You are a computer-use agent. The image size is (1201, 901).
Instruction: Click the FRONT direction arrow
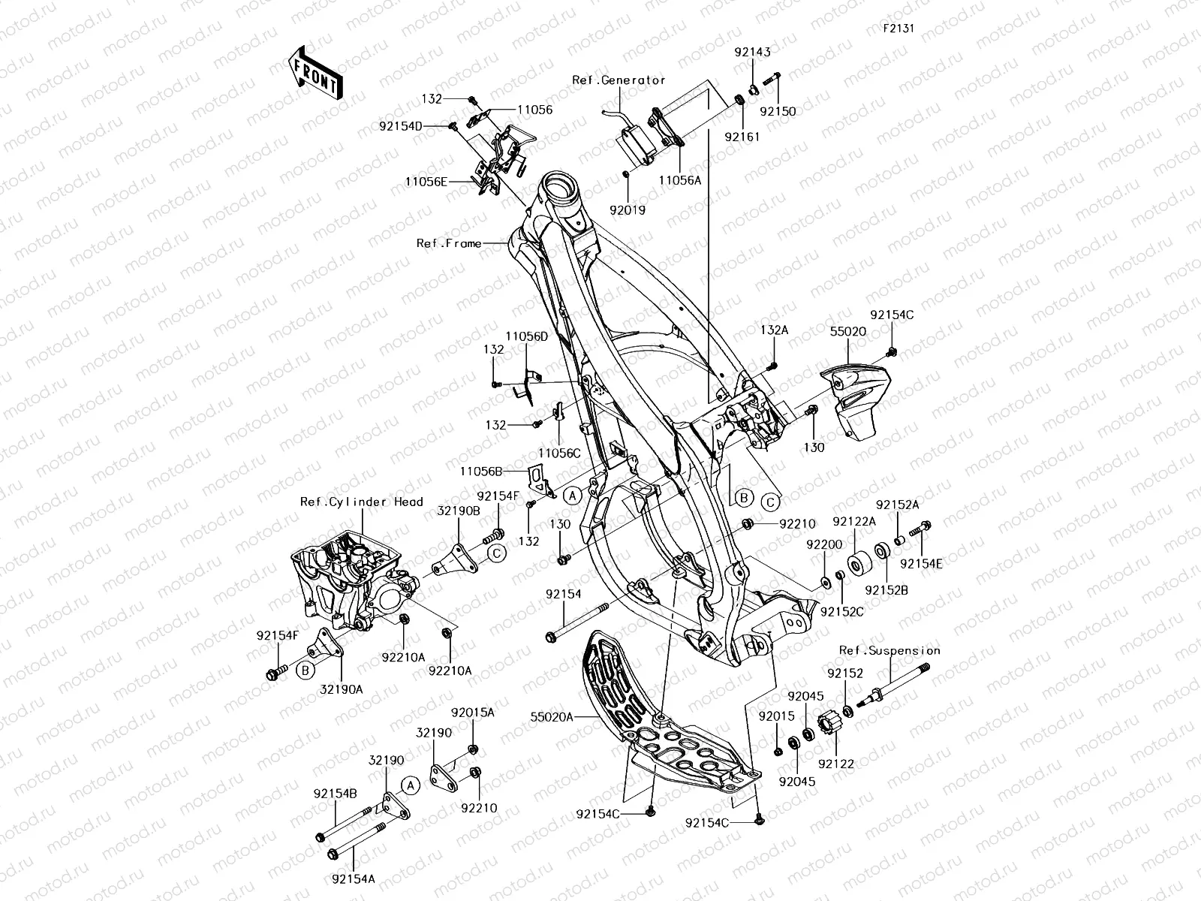point(315,73)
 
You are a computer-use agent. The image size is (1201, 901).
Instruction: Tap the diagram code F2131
point(898,28)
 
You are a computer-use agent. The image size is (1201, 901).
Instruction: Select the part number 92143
point(752,53)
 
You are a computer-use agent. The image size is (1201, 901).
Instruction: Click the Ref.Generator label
point(619,80)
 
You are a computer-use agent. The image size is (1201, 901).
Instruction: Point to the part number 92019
point(628,211)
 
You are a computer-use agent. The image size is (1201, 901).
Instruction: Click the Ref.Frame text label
point(449,243)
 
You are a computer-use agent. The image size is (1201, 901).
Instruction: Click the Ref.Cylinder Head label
point(361,502)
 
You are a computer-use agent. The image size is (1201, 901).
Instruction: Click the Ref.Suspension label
point(889,651)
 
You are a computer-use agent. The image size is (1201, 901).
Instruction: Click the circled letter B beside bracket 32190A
point(305,671)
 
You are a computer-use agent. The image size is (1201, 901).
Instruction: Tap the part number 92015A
point(473,712)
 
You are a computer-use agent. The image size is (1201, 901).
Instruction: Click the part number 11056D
point(526,336)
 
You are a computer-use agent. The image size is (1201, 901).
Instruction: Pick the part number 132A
point(774,329)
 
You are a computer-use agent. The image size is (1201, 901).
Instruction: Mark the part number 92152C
point(841,612)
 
